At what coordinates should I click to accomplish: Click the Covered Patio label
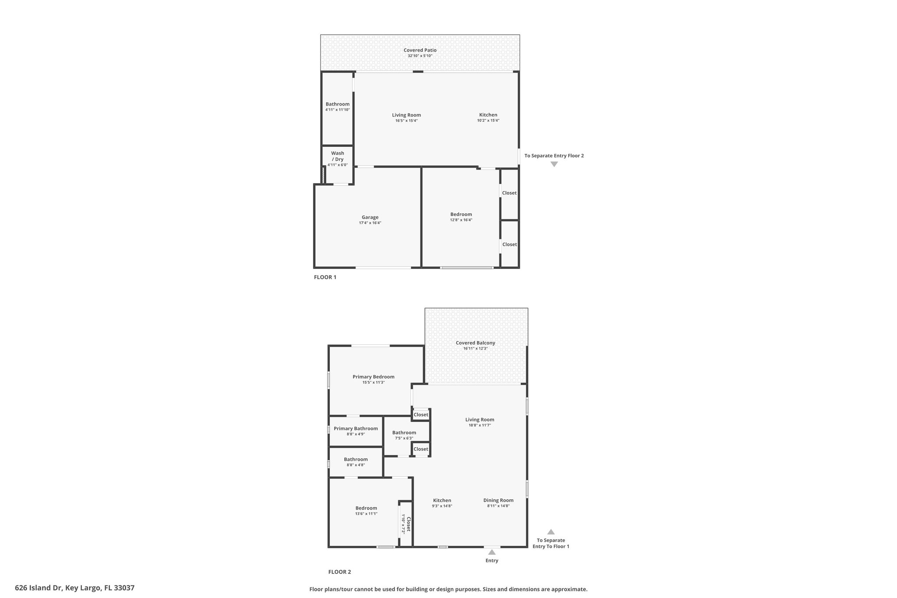[x=420, y=50]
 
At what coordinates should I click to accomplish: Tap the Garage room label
[x=370, y=217]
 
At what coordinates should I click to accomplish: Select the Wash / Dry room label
[x=337, y=156]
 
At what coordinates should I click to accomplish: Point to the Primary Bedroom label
[x=373, y=377]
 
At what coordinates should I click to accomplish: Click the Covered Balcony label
[x=475, y=343]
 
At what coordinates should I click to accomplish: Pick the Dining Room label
[x=498, y=500]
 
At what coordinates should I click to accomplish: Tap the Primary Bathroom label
[x=356, y=428]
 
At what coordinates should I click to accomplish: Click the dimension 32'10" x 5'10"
[x=420, y=56]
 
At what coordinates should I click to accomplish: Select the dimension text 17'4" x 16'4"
[x=370, y=223]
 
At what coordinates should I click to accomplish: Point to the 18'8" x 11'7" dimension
[x=480, y=425]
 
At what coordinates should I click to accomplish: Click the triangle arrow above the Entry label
[x=492, y=552]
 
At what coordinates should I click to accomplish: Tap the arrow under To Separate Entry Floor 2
[x=554, y=164]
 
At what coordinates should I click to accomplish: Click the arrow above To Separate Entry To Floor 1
[x=551, y=532]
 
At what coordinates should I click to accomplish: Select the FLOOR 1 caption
[x=325, y=277]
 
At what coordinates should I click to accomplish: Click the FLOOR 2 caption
[x=339, y=572]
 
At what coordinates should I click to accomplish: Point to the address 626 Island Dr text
[x=74, y=588]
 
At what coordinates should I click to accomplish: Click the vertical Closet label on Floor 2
[x=408, y=524]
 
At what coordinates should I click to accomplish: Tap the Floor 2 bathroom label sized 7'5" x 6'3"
[x=404, y=432]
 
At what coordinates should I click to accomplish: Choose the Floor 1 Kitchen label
[x=488, y=115]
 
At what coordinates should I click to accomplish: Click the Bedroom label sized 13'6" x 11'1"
[x=366, y=508]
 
